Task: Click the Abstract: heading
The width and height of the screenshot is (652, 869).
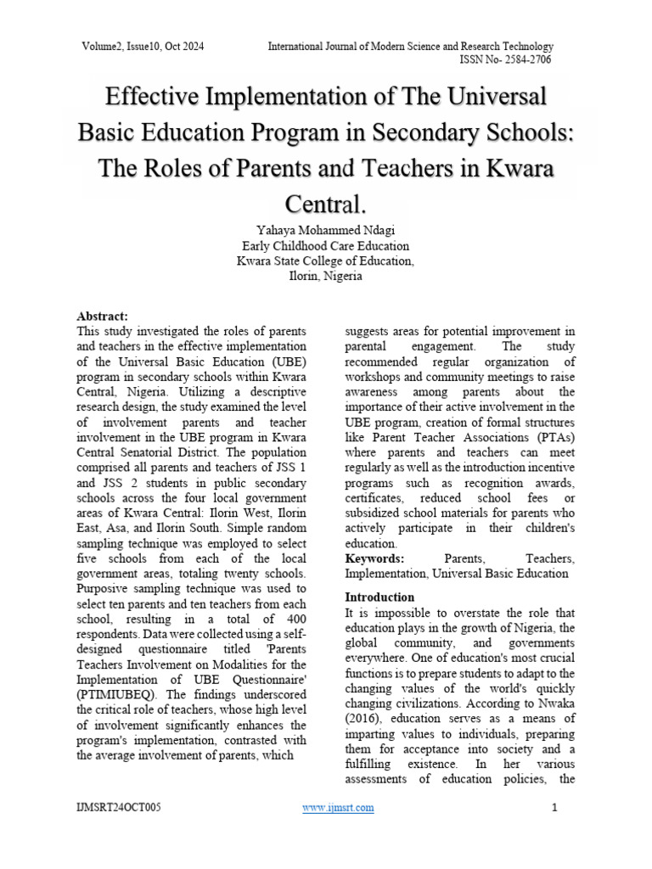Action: (x=102, y=315)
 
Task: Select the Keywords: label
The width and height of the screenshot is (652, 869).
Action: (x=374, y=558)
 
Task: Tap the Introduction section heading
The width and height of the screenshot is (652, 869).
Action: (x=379, y=597)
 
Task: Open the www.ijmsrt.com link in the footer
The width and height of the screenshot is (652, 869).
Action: (x=338, y=807)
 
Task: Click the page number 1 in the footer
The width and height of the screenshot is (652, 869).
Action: (x=554, y=807)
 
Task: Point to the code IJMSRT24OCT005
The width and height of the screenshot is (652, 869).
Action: (x=118, y=807)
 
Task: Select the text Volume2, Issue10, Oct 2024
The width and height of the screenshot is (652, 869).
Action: (x=143, y=46)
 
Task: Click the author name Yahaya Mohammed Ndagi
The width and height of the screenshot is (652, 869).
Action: (x=325, y=231)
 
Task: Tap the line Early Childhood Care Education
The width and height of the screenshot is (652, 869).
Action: (x=325, y=246)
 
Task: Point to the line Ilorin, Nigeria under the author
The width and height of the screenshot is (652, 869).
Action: (x=325, y=277)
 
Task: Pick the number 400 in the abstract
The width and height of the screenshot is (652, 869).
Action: (x=295, y=620)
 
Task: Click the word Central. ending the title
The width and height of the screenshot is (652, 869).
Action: (x=326, y=204)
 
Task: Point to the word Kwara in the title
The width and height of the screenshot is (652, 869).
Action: (x=520, y=168)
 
